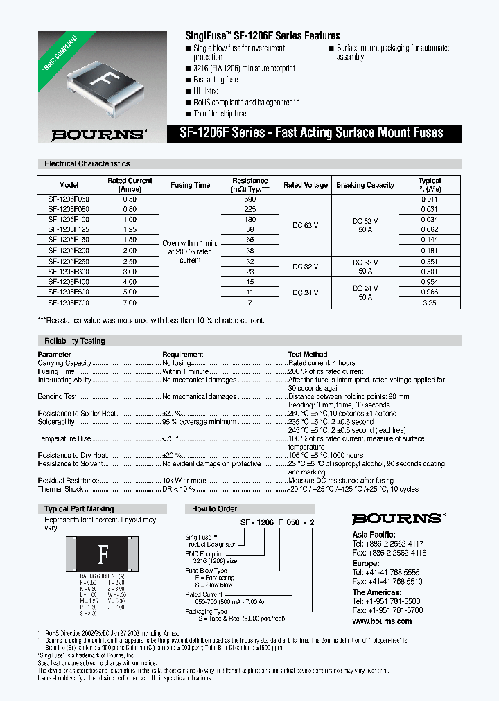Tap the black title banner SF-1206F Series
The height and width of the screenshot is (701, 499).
pyautogui.click(x=314, y=133)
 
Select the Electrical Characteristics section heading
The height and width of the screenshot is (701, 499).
pyautogui.click(x=87, y=164)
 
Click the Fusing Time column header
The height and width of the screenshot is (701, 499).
pyautogui.click(x=190, y=186)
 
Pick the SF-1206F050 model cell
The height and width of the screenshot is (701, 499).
pyautogui.click(x=69, y=199)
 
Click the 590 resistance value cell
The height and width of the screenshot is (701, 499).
pyautogui.click(x=249, y=199)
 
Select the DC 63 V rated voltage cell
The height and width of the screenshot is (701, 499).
pyautogui.click(x=305, y=225)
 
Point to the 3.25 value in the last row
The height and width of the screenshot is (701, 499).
pyautogui.click(x=430, y=303)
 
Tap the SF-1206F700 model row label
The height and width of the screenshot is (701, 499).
pyautogui.click(x=69, y=303)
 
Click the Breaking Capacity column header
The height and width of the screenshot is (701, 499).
pyautogui.click(x=365, y=186)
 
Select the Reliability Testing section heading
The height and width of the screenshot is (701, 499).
pyautogui.click(x=75, y=341)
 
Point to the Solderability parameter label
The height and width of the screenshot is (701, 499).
pyautogui.click(x=56, y=422)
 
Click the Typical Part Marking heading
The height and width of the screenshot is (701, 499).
pyautogui.click(x=79, y=508)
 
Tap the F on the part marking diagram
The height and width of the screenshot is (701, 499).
pyautogui.click(x=103, y=554)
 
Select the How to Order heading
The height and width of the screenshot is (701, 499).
pyautogui.click(x=214, y=508)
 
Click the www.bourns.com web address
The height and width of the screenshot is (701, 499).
pyautogui.click(x=382, y=621)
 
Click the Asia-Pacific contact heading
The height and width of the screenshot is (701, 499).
pyautogui.click(x=374, y=535)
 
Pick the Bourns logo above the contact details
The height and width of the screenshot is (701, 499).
pyautogui.click(x=398, y=519)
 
